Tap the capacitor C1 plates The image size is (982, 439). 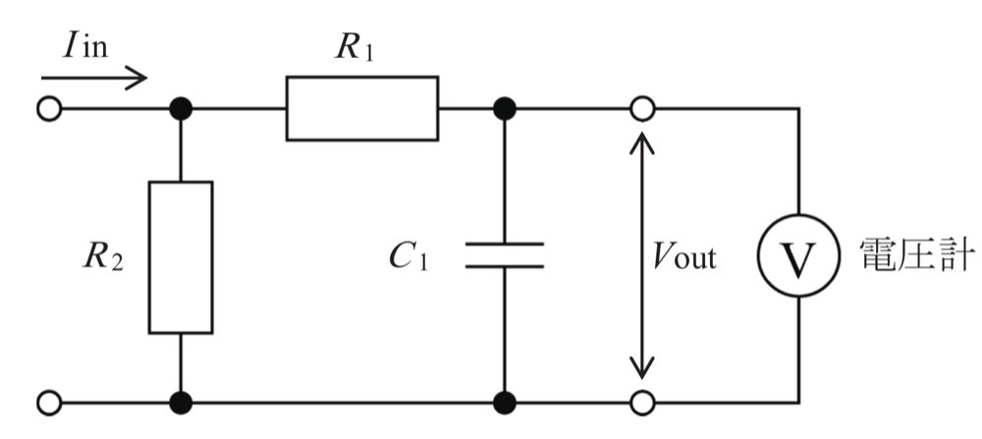pos(504,255)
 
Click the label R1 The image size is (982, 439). pos(355,48)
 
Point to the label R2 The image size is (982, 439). pos(103,256)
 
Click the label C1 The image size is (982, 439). pos(409,256)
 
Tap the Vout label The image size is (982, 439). pos(683,256)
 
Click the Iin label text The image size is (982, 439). pos(85,46)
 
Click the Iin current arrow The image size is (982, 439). pos(94,79)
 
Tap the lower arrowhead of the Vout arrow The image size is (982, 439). pos(642,367)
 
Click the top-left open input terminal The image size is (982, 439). pos(49,109)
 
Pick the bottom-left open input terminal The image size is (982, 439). pos(49,403)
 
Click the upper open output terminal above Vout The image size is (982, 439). pos(642,109)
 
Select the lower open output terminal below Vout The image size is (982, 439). pos(642,403)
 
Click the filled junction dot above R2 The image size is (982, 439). pos(181,109)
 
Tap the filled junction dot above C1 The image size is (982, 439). pos(504,109)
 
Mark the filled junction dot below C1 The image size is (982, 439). pos(504,403)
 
